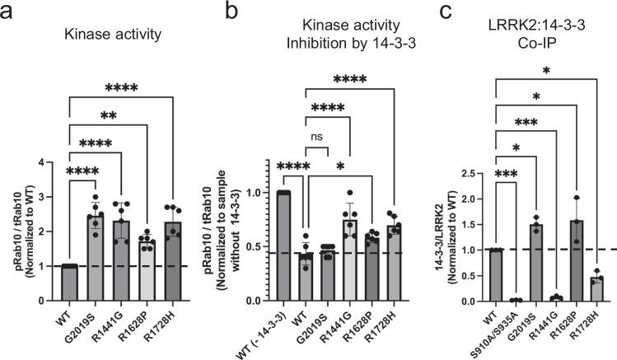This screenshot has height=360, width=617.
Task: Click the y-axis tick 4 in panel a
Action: pos(55,161)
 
